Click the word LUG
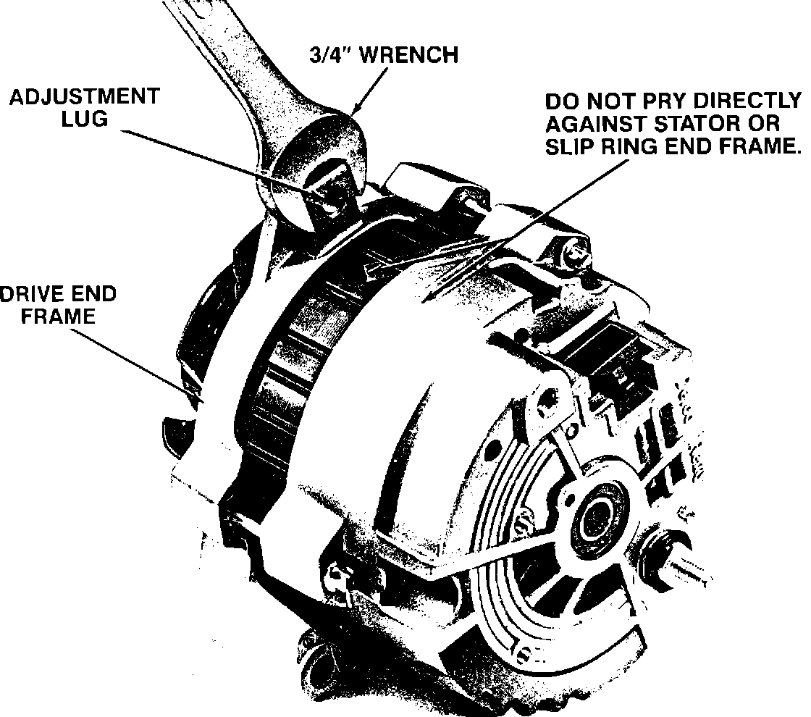[84, 119]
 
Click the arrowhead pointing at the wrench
[356, 109]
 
